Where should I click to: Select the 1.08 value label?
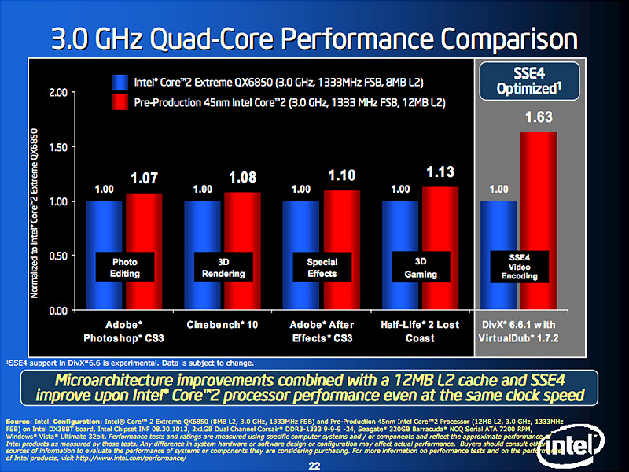[243, 176]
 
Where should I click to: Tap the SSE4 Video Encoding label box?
[519, 266]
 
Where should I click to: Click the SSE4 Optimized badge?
[529, 81]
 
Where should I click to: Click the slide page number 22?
[314, 465]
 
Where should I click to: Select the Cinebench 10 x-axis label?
[223, 325]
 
